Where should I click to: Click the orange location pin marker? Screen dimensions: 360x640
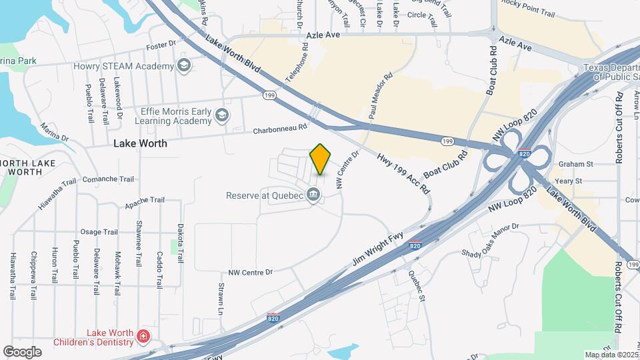(x=320, y=159)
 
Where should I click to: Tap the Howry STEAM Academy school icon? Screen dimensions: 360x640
(x=183, y=65)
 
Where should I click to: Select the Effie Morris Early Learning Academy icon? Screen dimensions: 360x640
(x=221, y=117)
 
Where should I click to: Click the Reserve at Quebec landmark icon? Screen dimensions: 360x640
(x=313, y=195)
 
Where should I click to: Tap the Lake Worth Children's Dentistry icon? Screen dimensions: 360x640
(x=143, y=336)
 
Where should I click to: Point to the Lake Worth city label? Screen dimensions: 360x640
(x=140, y=143)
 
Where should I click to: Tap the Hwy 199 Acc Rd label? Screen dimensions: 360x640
(x=403, y=173)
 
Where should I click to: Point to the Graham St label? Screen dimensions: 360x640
(x=576, y=164)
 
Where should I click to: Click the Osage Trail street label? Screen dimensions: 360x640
(x=99, y=232)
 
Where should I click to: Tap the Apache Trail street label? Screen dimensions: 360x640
(x=145, y=199)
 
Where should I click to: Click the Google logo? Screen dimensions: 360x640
(x=22, y=351)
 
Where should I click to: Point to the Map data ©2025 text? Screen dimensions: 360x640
(x=611, y=355)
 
